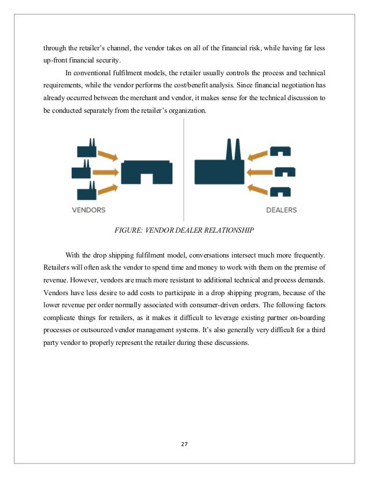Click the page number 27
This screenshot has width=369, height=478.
(184, 444)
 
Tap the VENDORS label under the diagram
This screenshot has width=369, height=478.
(88, 209)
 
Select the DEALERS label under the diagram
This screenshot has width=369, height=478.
(281, 209)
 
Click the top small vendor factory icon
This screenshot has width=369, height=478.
(86, 149)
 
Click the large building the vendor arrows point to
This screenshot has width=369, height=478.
(146, 172)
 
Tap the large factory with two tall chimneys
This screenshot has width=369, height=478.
(220, 164)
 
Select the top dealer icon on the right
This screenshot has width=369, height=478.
(279, 152)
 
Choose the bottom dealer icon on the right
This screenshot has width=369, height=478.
(279, 191)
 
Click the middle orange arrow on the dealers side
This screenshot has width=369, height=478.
(260, 172)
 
